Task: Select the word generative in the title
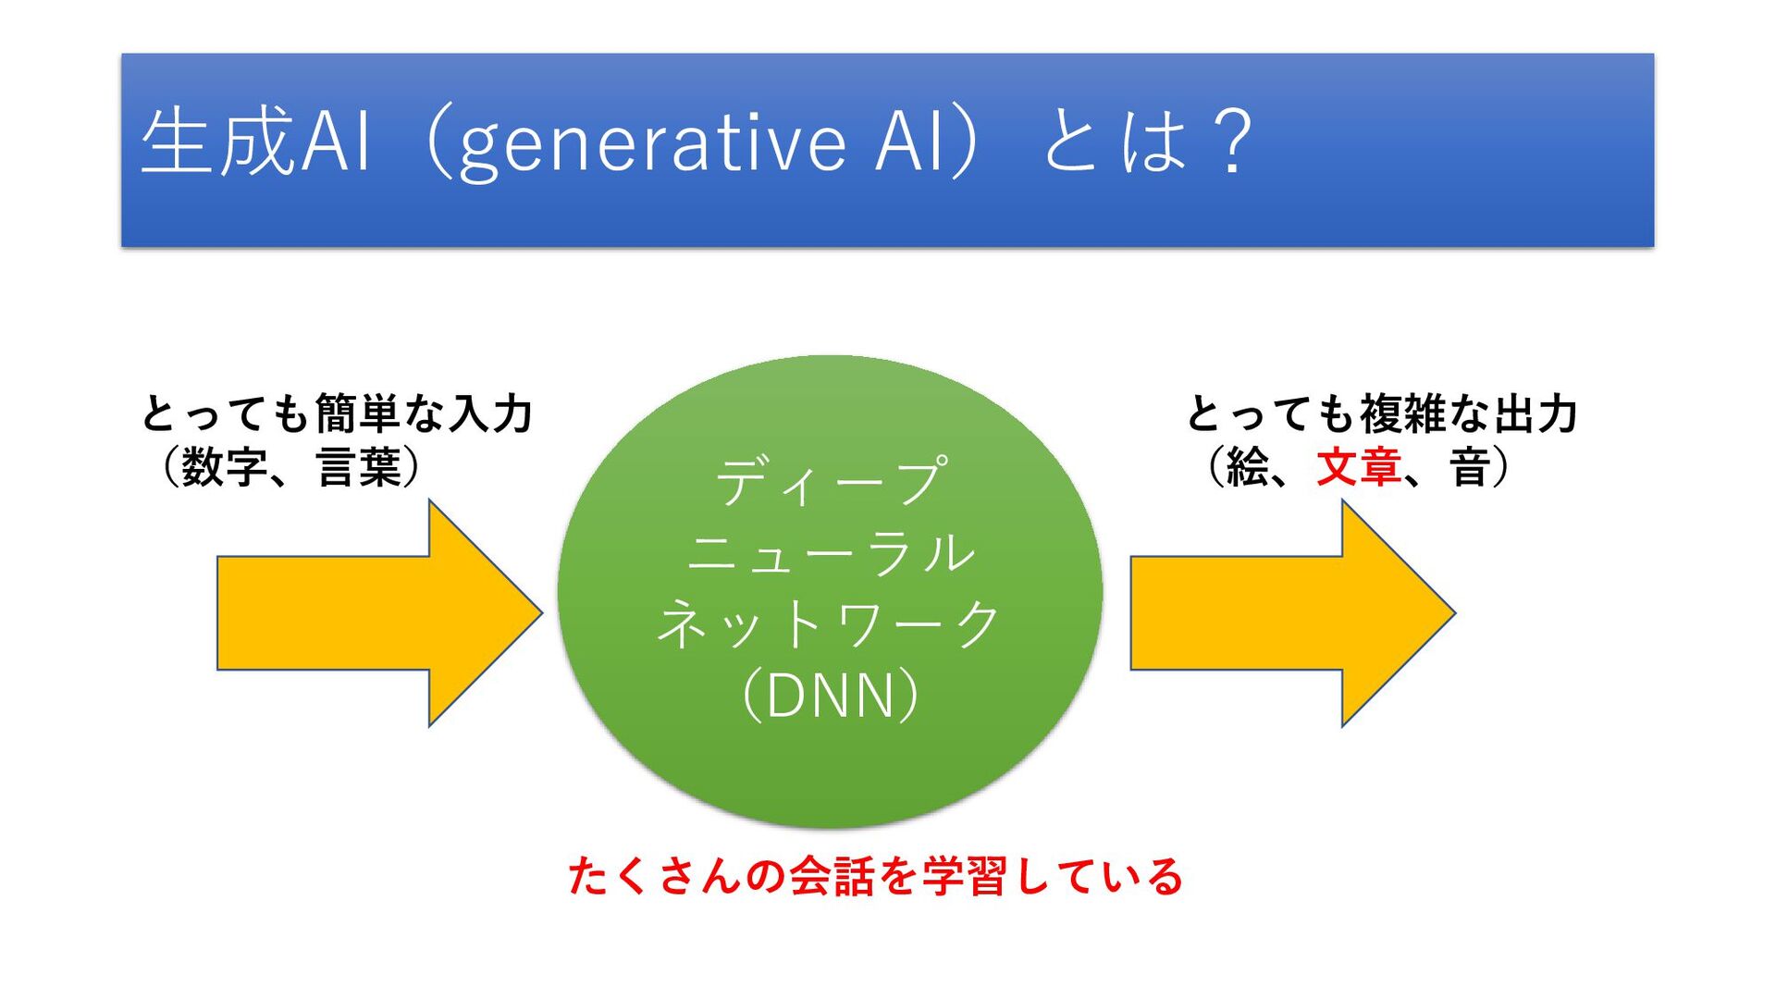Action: tap(651, 145)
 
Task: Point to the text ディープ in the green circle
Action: tap(831, 481)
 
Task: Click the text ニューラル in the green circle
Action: tap(831, 552)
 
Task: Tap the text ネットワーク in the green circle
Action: tap(829, 623)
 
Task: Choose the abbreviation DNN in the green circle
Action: tap(830, 696)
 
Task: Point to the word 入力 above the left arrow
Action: tap(491, 413)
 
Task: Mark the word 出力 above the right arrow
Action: tap(1535, 413)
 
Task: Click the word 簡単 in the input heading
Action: tap(358, 413)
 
